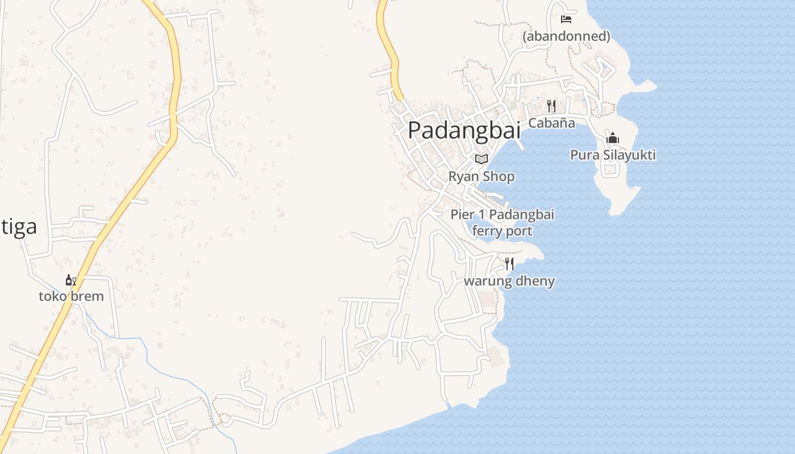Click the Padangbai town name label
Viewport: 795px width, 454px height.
[464, 130]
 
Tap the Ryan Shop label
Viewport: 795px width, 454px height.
[482, 176]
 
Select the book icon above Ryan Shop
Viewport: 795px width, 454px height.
[482, 159]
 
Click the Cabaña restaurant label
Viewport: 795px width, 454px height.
[551, 123]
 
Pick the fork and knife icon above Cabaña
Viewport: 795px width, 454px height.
[551, 106]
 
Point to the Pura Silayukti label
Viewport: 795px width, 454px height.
[613, 155]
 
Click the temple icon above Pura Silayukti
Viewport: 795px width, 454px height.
[613, 138]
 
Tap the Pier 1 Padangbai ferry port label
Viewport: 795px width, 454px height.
[502, 222]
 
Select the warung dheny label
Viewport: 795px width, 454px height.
[509, 281]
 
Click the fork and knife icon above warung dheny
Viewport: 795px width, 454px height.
[509, 264]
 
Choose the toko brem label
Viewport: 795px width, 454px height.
[71, 296]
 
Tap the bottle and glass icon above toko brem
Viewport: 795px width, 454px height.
[71, 280]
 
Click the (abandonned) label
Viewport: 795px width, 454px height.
[566, 36]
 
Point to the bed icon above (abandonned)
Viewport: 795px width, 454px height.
[566, 19]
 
